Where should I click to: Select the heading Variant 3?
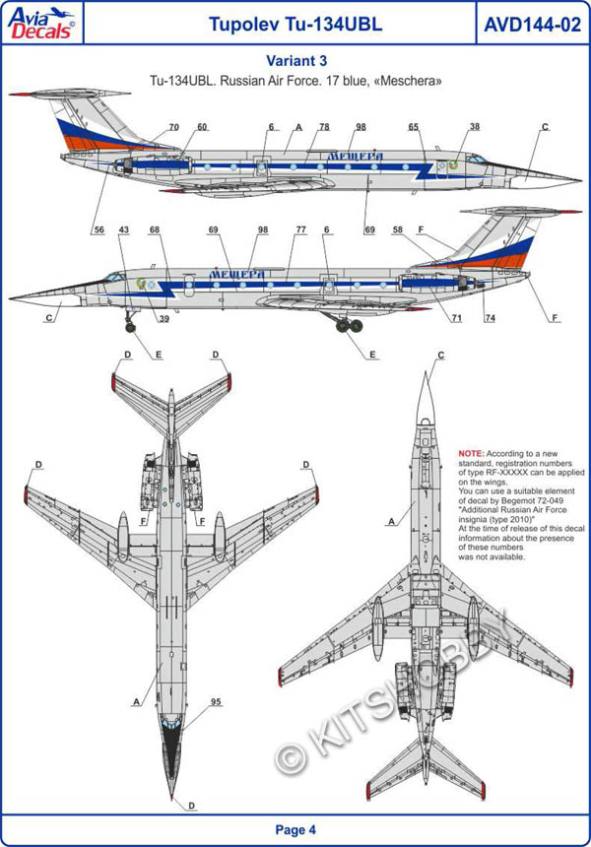tap(295, 60)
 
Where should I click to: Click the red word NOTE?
tap(471, 452)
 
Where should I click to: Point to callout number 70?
tap(173, 128)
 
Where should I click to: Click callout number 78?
tap(324, 128)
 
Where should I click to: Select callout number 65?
tap(414, 128)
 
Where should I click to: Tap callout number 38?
tap(475, 128)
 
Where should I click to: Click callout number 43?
tap(123, 229)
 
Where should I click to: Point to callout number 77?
tap(300, 229)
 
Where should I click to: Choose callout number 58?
tap(398, 229)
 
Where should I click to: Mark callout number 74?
tap(490, 318)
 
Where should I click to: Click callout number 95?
tap(215, 703)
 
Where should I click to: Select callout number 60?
tap(202, 128)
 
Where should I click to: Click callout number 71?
tap(457, 318)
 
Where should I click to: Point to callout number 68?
tap(155, 229)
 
